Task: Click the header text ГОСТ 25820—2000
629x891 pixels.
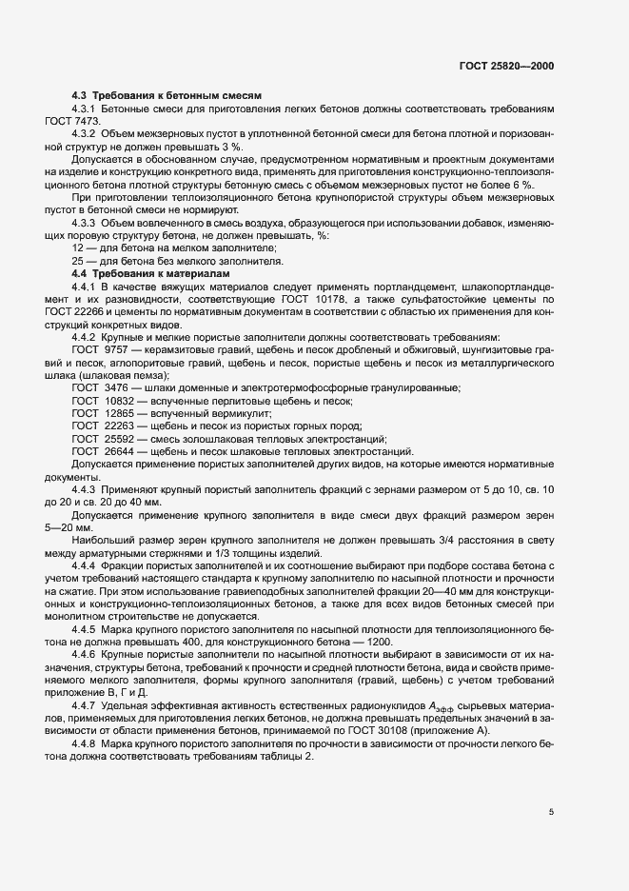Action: (506, 67)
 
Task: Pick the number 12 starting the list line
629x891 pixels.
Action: (78, 247)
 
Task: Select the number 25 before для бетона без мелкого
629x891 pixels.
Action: (78, 260)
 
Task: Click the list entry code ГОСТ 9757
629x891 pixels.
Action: (97, 348)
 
